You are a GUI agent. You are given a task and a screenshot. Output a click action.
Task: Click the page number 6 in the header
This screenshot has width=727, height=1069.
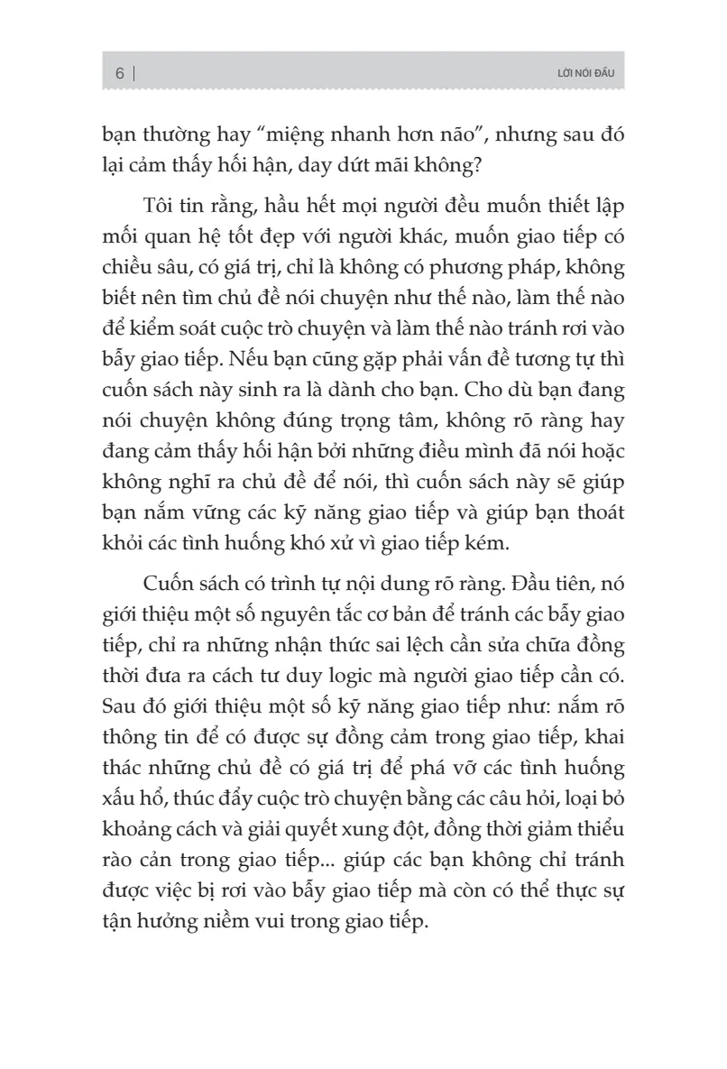coord(119,73)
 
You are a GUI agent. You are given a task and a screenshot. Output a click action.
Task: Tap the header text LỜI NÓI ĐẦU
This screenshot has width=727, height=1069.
coord(586,73)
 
